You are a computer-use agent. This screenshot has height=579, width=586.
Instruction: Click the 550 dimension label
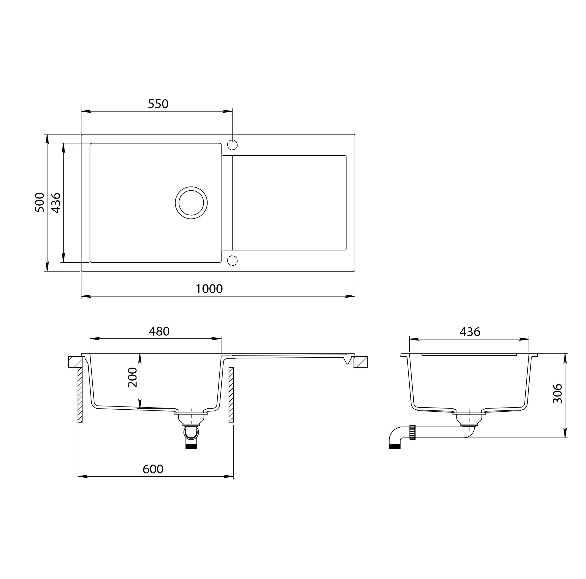point(158,104)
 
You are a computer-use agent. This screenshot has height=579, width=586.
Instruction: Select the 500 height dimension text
point(40,202)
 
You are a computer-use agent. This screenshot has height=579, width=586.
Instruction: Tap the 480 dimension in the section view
point(159,331)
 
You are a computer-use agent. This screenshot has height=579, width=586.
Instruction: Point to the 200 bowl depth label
point(133,377)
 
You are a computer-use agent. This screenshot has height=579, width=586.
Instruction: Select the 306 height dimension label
point(557,394)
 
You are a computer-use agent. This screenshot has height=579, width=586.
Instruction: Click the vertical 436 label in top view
point(56,203)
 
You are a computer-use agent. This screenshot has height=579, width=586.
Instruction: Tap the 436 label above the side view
point(470,332)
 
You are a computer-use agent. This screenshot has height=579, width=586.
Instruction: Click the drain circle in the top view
point(191,203)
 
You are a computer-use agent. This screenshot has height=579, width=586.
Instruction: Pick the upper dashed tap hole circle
point(232,145)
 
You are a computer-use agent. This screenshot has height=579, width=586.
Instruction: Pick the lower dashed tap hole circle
point(232,261)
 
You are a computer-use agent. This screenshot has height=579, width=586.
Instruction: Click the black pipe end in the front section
point(191,447)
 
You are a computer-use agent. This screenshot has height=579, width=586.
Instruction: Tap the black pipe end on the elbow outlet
point(395,447)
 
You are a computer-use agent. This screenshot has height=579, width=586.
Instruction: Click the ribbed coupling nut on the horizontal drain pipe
point(412,432)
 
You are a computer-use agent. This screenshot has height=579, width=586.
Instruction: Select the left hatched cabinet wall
point(80,394)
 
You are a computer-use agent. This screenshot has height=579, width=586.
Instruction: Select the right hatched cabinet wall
point(231,394)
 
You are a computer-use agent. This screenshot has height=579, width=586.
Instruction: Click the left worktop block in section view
point(75,362)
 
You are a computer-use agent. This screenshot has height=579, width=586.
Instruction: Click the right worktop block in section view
point(361,362)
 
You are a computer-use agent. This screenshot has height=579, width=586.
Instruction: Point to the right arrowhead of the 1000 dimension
point(351,296)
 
